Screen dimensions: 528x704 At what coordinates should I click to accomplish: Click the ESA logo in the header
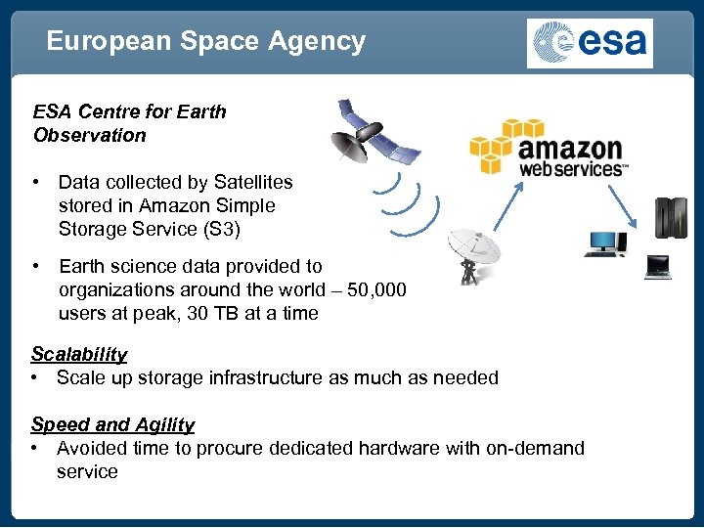[590, 43]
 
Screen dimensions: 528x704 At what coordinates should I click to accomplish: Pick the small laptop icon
[657, 267]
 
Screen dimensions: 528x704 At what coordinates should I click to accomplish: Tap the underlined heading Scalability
[79, 354]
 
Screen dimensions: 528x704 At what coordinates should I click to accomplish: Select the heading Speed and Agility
[112, 424]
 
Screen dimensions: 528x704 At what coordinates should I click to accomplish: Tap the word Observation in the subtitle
[89, 135]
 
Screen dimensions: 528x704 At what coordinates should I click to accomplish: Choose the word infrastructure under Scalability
[266, 377]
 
